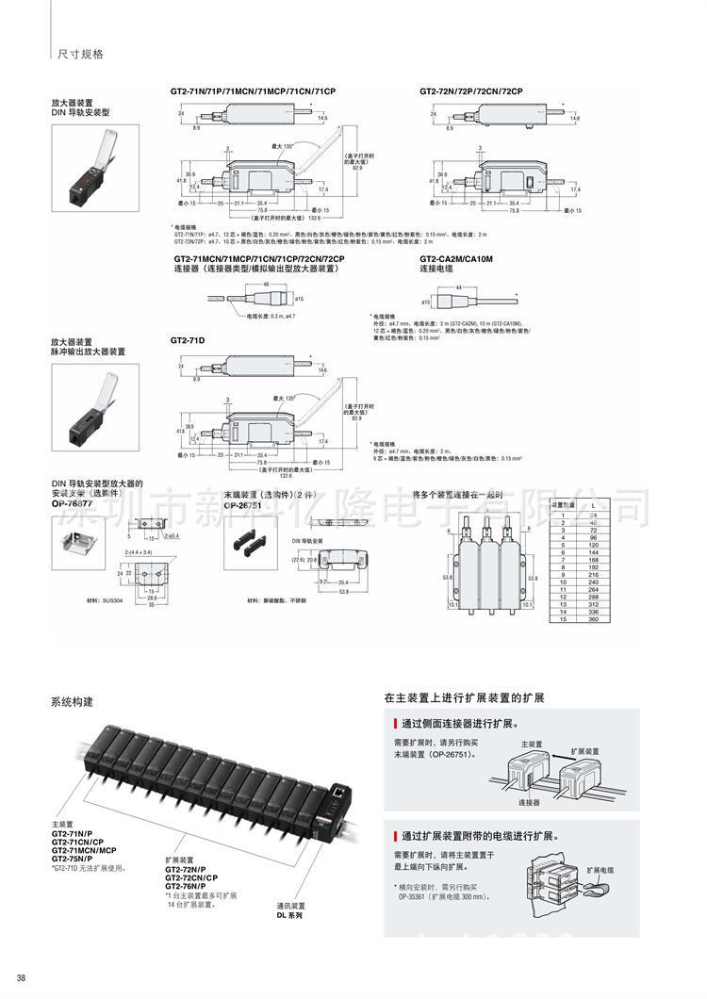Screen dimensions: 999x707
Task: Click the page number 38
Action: click(21, 977)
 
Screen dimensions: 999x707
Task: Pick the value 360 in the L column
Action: click(593, 620)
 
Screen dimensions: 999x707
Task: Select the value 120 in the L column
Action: click(593, 546)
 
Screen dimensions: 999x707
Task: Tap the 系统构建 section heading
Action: click(72, 702)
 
